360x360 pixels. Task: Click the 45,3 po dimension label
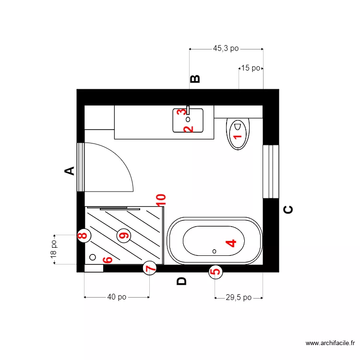click(226, 48)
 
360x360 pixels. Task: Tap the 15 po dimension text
click(251, 68)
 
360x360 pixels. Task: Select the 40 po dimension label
click(117, 297)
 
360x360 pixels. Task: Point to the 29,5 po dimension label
click(239, 298)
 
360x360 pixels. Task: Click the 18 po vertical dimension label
click(54, 250)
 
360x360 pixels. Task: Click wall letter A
click(70, 170)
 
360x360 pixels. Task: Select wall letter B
click(195, 80)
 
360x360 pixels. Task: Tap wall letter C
click(288, 209)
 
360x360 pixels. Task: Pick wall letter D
click(181, 281)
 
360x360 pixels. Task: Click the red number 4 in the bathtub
click(231, 243)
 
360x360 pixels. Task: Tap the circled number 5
click(216, 272)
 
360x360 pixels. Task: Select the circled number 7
click(150, 268)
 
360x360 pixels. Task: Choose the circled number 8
click(84, 235)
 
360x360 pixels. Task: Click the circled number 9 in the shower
click(124, 235)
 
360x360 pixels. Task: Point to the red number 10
click(161, 200)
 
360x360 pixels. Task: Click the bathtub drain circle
click(215, 251)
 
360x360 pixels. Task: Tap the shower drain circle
click(93, 257)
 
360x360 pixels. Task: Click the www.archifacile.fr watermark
click(330, 343)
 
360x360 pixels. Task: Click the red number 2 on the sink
click(188, 129)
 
